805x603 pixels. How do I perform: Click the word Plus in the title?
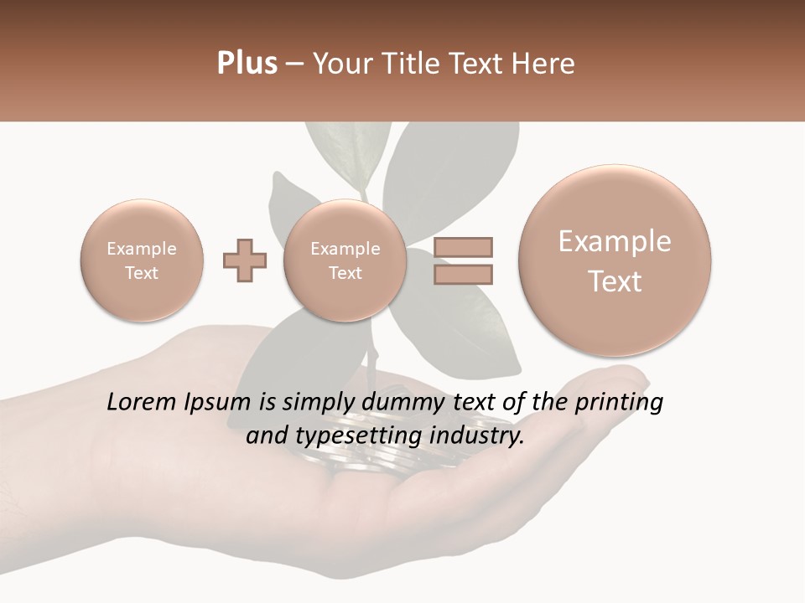247,64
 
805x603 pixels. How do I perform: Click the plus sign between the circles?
245,260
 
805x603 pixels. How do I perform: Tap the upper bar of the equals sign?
462,247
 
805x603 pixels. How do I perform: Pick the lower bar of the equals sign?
462,274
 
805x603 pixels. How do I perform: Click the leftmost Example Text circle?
142,260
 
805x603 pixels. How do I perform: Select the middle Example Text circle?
345,260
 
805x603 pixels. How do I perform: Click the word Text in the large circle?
615,281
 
